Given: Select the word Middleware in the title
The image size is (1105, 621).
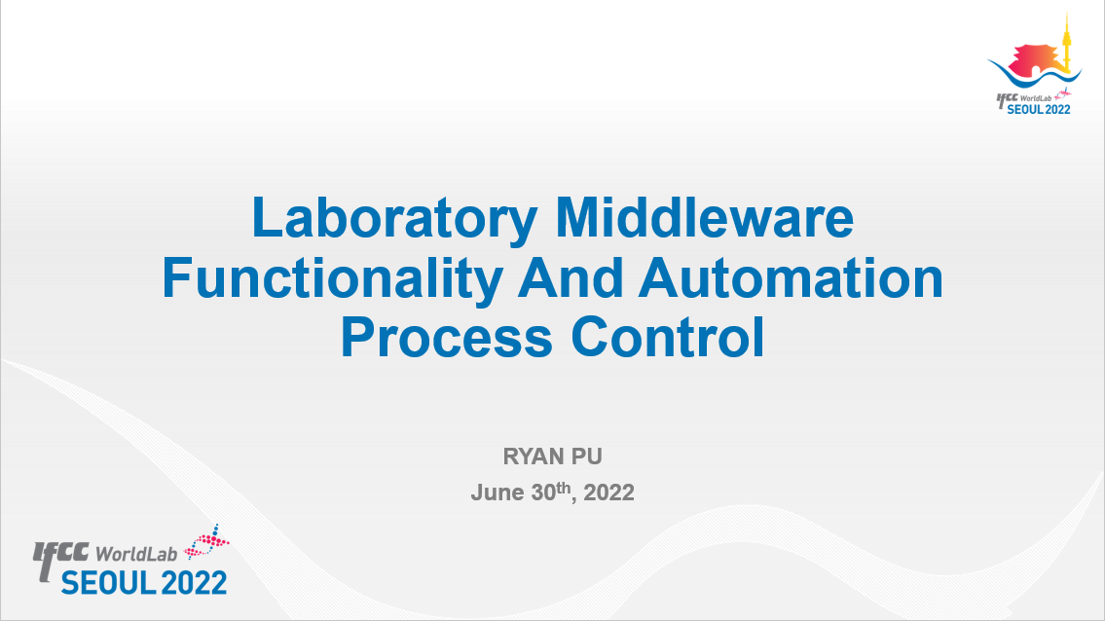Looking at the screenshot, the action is [705, 217].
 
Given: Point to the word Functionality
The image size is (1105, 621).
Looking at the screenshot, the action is [332, 280].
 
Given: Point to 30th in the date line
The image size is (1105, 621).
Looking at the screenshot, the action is [552, 492].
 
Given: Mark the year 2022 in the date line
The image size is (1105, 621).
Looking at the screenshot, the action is [608, 492].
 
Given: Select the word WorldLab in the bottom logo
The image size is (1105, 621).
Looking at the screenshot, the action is [136, 554].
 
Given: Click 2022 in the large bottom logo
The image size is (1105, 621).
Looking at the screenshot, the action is [194, 583].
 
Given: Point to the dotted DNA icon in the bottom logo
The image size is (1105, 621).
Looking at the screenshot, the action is [207, 541].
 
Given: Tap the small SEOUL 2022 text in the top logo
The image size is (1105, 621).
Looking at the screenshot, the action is [1039, 109].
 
